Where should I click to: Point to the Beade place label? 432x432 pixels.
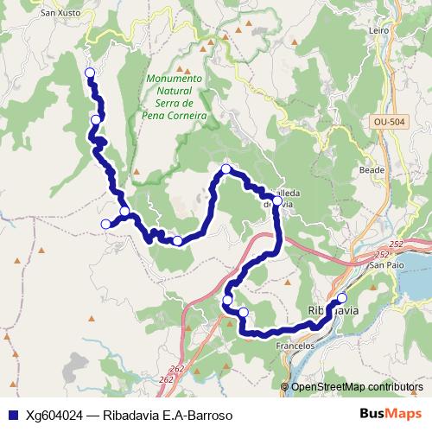click(372, 170)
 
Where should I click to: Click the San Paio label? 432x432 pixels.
click(388, 265)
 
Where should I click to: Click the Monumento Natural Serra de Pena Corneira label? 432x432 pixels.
click(175, 96)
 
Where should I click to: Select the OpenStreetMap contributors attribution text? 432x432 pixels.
click(357, 386)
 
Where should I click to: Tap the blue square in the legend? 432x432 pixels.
click(10, 415)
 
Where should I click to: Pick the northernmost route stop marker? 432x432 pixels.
click(89, 72)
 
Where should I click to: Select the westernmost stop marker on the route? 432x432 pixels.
click(106, 225)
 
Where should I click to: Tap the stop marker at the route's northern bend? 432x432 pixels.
click(226, 168)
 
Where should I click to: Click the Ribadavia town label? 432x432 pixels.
click(334, 310)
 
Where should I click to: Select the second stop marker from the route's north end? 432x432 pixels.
click(96, 120)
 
